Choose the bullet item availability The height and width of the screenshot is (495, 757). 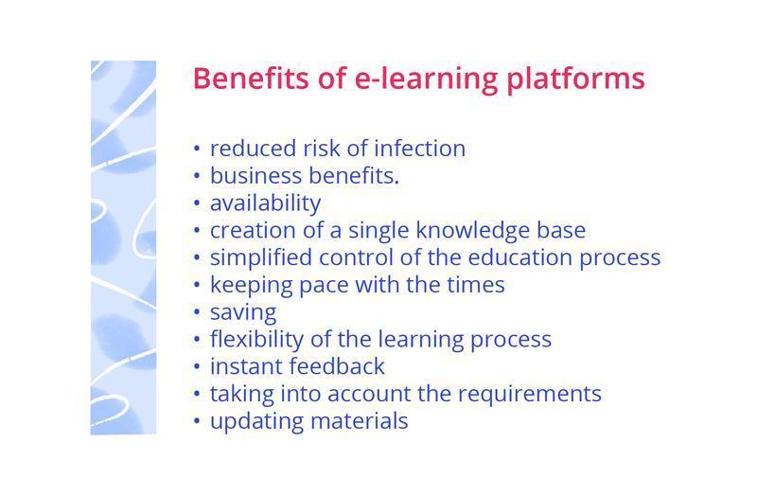coord(265,203)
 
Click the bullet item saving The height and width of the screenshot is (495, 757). coord(243,312)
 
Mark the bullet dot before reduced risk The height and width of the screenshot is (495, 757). coord(197,150)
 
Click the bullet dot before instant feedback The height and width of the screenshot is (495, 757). coord(197,367)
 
